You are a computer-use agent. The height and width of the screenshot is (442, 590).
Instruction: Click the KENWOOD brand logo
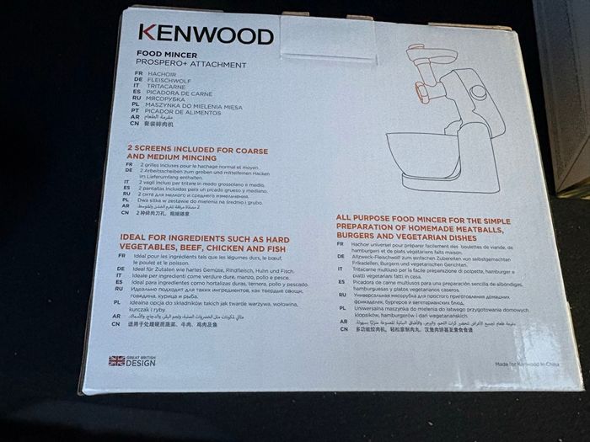click(206, 34)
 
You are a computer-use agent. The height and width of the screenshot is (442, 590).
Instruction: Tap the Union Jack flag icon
click(117, 360)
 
